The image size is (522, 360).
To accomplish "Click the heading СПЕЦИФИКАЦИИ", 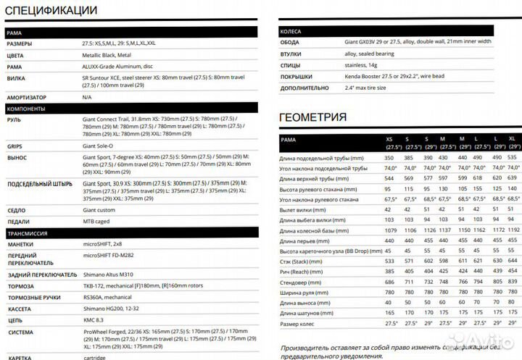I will coord(51,11).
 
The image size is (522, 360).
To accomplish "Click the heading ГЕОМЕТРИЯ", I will coord(312,117).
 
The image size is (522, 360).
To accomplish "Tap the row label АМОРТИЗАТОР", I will coord(26,97).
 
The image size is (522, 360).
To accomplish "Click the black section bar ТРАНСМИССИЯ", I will coord(28,233).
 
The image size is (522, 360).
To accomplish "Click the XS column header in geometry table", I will coord(389,138).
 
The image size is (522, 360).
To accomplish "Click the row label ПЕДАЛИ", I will coord(18,222).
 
